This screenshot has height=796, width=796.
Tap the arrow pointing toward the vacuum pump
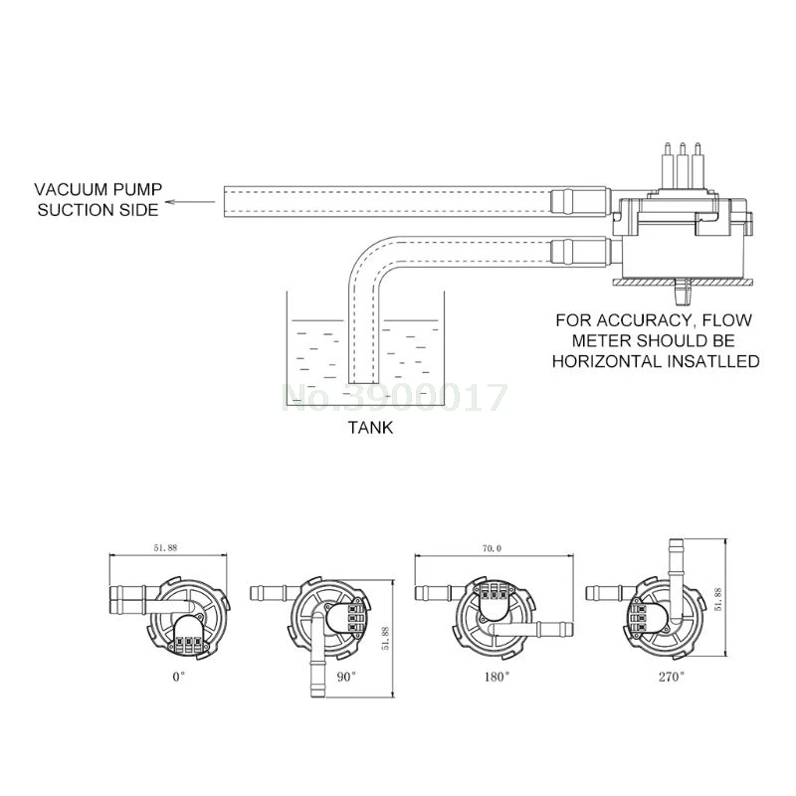pos(190,202)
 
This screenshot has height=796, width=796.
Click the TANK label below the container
pos(370,428)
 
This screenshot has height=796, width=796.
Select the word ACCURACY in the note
pos(643,320)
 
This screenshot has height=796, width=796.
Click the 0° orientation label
pos(179,677)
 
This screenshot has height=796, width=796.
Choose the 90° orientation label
pos(346,677)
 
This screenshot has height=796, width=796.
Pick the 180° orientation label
pos(497,677)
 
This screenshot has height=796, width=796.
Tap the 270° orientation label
pos(672,677)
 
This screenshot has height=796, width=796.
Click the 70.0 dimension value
pos(492,548)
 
